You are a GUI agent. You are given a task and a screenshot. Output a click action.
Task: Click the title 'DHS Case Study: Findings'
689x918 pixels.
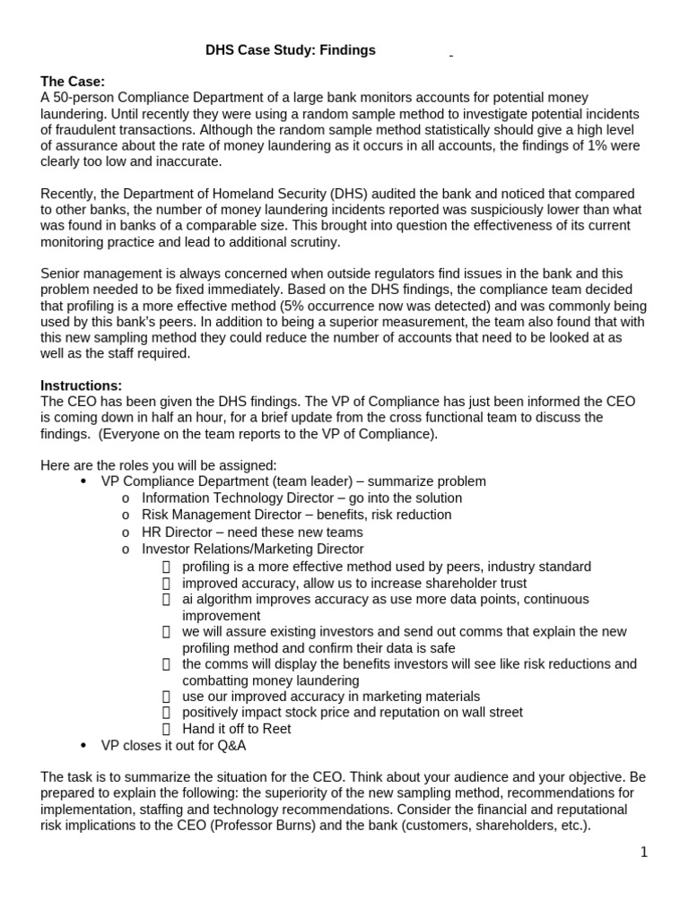291,51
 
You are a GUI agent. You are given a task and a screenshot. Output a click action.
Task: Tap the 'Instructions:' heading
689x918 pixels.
82,385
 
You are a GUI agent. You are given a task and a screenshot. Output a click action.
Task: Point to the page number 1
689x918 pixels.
643,853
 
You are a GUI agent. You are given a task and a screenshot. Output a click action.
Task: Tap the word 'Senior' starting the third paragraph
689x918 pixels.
62,273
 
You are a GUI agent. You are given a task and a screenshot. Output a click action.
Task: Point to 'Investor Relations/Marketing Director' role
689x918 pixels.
253,549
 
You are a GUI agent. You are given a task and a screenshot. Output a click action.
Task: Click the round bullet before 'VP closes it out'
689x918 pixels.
83,745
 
